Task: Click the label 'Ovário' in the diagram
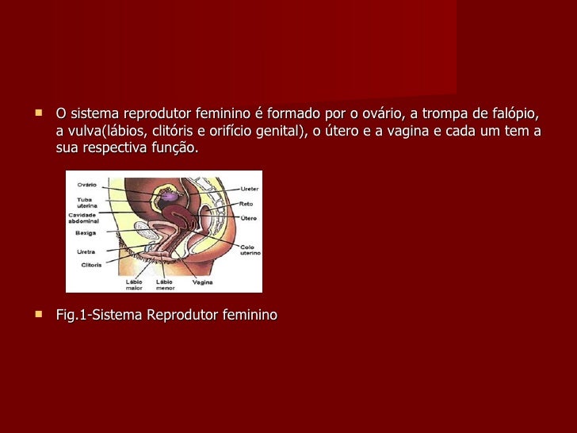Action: pos(87,186)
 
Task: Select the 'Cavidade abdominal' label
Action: pos(83,218)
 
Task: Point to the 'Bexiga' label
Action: pos(86,234)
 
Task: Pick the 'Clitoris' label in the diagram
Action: pos(90,264)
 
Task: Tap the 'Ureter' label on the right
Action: pos(250,189)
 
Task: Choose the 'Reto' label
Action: pos(246,204)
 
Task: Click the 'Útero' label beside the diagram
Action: pos(248,217)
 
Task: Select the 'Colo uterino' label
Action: pos(250,250)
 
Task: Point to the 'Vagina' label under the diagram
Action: pos(202,282)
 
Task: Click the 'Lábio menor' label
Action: pos(165,285)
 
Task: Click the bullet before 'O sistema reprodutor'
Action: pos(38,112)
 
